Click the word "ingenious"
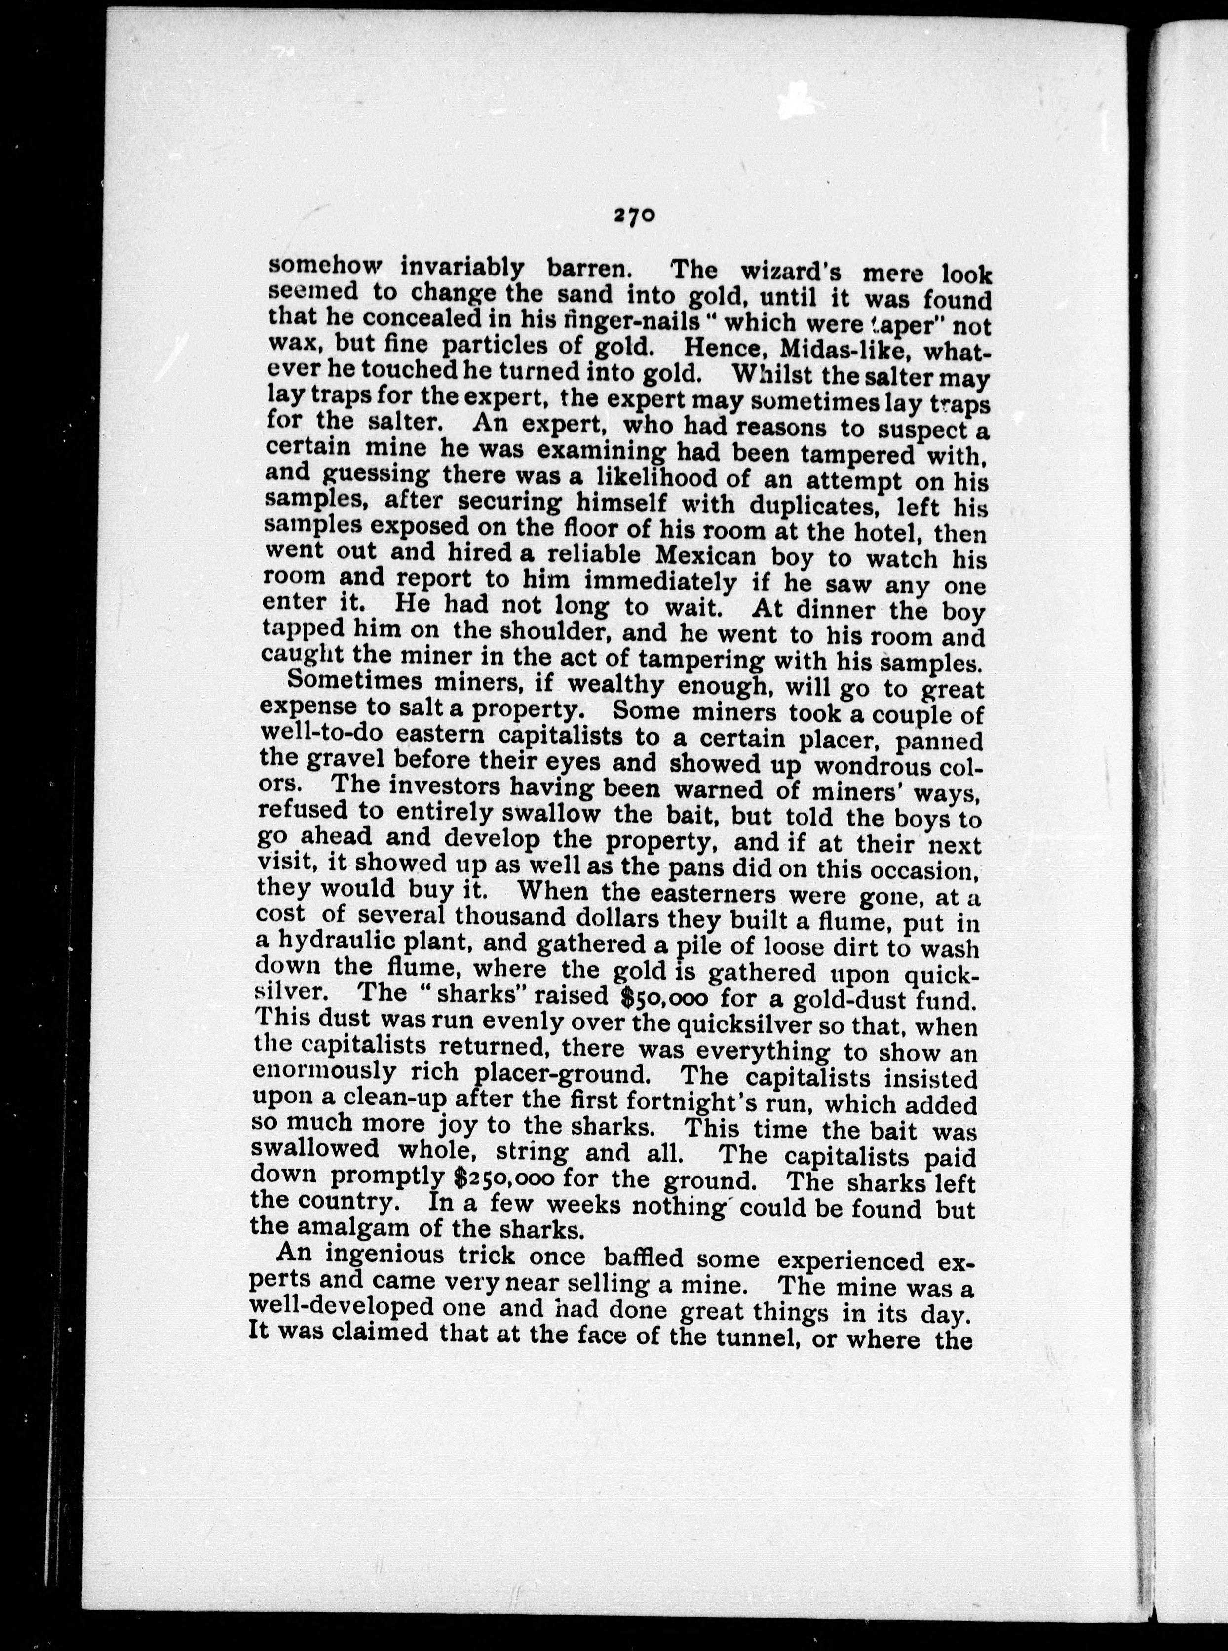tap(385, 1257)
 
